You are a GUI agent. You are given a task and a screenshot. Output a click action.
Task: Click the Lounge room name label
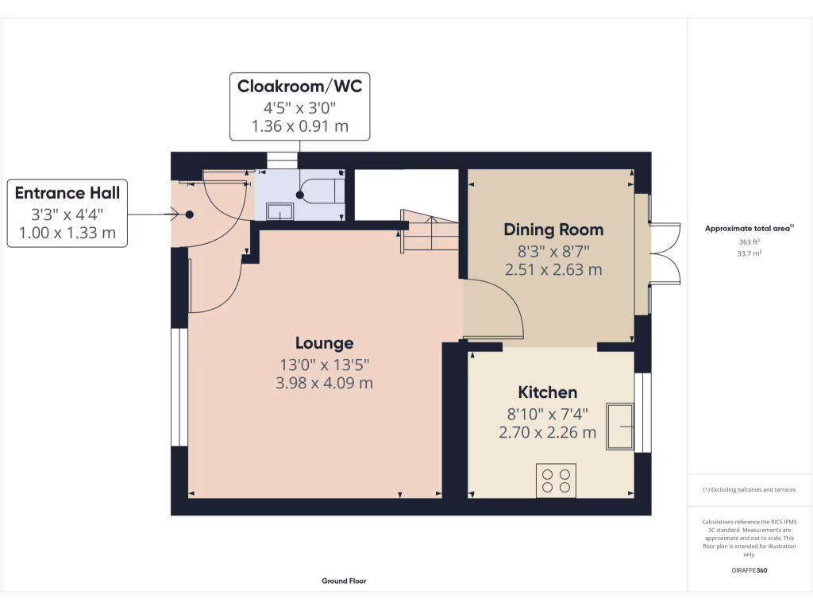325,343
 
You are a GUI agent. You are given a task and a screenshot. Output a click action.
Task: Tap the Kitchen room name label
548,392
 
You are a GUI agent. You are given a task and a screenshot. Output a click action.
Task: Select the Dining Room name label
553,230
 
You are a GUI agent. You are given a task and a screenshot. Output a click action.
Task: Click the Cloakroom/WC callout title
299,86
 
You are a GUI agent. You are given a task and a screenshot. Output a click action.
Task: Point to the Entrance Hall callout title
67,193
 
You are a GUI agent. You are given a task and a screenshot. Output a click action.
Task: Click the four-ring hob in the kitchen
556,481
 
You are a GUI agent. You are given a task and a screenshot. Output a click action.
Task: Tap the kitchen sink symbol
620,426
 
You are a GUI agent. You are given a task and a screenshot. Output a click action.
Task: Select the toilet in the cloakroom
321,190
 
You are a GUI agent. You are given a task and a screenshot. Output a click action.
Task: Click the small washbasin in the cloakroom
279,211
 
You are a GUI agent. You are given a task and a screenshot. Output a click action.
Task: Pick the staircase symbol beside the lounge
430,231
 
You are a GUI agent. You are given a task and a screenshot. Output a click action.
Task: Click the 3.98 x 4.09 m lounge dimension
324,384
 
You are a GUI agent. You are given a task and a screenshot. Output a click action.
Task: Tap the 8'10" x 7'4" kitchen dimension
548,414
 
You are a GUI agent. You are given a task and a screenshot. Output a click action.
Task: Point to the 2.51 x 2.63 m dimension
553,270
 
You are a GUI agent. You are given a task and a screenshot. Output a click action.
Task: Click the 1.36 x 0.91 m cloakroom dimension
299,126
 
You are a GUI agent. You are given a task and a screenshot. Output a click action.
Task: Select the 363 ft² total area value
749,241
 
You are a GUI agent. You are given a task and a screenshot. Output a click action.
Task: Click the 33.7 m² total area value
749,253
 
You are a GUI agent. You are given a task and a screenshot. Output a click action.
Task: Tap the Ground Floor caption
344,581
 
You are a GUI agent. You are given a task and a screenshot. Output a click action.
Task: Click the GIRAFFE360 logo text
749,570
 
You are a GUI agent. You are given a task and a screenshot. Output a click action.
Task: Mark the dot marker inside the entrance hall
190,214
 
